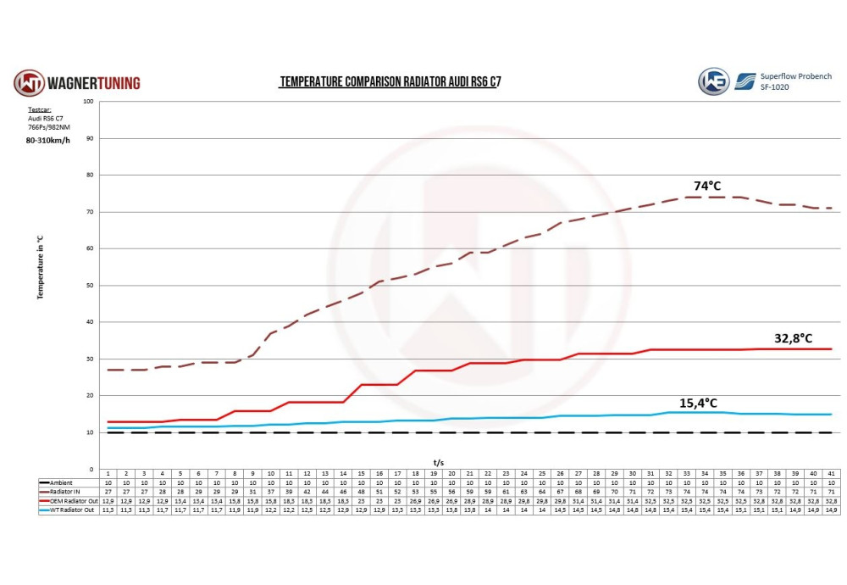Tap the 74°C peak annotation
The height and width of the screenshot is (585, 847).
707,186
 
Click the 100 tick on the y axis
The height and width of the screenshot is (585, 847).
88,101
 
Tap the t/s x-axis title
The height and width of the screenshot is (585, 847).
439,462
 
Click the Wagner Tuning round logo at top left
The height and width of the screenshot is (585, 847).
29,83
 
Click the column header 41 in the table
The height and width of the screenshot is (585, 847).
831,472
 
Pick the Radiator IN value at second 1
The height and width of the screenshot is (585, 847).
108,491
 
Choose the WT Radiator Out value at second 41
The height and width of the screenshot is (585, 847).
831,510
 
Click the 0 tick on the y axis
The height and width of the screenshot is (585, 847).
91,469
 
